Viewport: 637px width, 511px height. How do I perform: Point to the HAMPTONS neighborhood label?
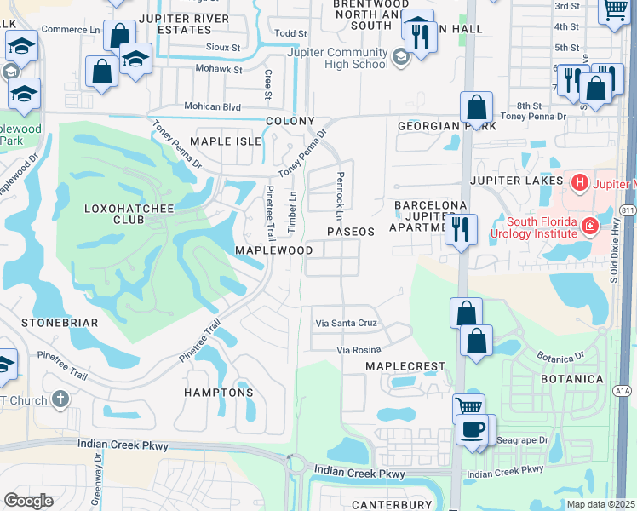click(x=219, y=393)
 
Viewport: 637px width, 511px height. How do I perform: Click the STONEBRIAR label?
click(x=60, y=323)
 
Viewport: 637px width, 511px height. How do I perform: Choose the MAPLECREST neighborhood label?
click(x=405, y=366)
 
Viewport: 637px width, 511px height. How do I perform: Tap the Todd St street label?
click(x=290, y=32)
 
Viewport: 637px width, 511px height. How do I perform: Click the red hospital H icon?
click(x=580, y=181)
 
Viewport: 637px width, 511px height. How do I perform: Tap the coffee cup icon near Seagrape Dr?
click(x=472, y=429)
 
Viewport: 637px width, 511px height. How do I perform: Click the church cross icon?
click(x=60, y=399)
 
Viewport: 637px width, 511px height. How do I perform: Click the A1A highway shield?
click(x=623, y=390)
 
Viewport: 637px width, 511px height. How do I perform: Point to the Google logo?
click(x=28, y=501)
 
